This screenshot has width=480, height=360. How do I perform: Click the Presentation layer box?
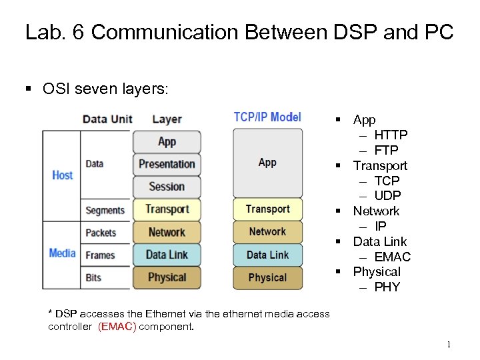coord(167,164)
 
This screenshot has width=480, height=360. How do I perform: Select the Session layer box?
coord(167,187)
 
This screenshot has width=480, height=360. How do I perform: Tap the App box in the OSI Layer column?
coord(167,141)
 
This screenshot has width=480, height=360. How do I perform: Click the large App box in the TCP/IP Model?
coord(267,162)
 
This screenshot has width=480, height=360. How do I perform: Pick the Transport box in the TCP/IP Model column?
coord(267,209)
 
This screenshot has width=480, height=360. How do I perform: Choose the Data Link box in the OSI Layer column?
coord(167,255)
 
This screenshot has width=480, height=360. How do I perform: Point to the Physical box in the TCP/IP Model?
coord(267,277)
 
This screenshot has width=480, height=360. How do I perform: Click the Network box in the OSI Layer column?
coord(167,232)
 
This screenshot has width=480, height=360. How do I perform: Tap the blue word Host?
coord(63,175)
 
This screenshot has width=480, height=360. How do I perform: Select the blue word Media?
coord(62,253)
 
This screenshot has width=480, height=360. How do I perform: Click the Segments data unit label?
coord(105,210)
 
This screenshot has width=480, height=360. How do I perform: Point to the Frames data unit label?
coord(100,255)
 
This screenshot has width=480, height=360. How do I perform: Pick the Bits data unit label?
coord(93,277)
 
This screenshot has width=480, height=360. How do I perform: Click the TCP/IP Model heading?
coord(267,117)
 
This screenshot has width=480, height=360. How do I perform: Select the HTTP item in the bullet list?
coord(391,135)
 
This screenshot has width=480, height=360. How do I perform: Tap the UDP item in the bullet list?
coord(387,196)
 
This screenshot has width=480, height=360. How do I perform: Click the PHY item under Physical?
coord(387,287)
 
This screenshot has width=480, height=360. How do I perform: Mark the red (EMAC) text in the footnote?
coord(117,327)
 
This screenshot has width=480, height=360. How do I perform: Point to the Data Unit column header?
coord(107,119)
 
